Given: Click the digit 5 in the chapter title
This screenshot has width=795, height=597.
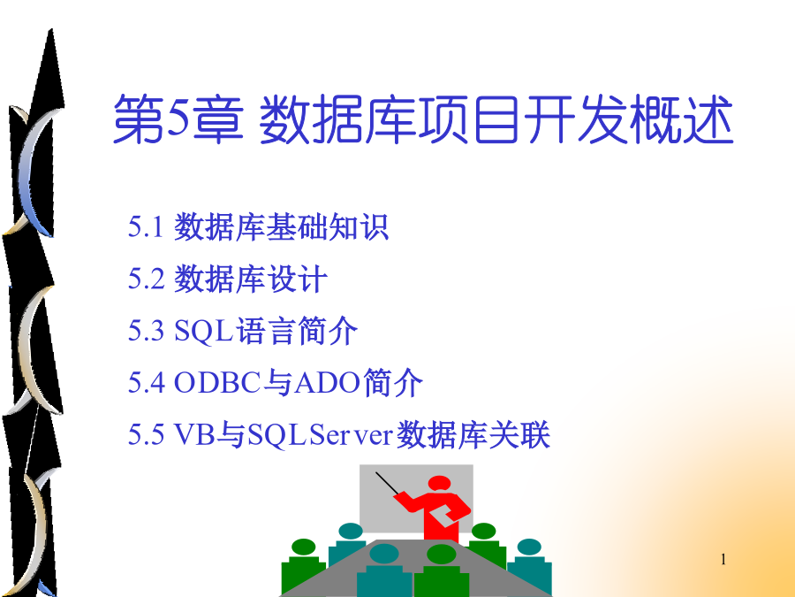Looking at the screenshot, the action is [178, 118].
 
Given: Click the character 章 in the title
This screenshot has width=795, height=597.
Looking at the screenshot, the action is [217, 119].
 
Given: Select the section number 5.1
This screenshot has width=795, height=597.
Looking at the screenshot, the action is [146, 226].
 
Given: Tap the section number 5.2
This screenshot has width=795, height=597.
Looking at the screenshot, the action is [146, 279].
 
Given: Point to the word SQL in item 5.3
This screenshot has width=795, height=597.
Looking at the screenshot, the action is [203, 331].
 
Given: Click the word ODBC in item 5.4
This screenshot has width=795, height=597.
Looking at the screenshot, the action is [217, 383].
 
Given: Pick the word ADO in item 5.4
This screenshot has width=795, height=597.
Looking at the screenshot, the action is [328, 383].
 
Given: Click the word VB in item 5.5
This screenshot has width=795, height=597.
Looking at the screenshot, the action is [194, 434].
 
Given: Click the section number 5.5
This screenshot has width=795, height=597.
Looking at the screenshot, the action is [146, 434].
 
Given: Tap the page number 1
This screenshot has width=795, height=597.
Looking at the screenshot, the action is [723, 560].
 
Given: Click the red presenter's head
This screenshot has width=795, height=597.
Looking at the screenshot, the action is [439, 483].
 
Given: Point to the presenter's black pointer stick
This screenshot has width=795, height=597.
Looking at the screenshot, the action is [388, 484].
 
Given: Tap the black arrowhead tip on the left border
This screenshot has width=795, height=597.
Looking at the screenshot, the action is [50, 30].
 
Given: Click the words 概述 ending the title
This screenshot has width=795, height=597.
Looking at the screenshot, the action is [682, 119].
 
